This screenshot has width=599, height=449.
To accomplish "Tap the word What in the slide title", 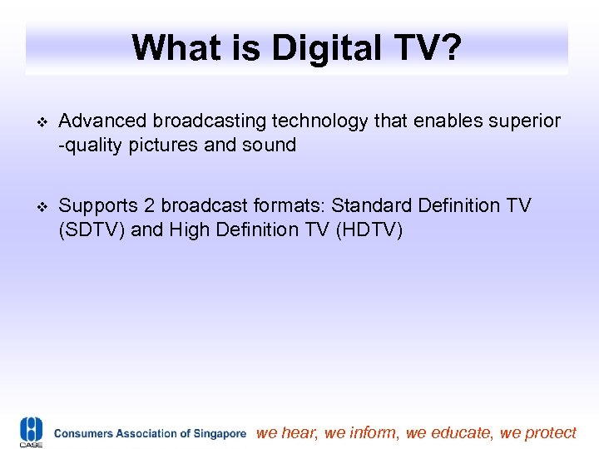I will tap(173, 48).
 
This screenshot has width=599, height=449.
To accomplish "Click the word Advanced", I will tap(102, 121).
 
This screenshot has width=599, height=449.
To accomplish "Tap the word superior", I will tap(524, 121).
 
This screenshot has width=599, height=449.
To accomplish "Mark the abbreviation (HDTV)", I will tap(369, 229).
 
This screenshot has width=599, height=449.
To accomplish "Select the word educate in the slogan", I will tap(461, 432).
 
